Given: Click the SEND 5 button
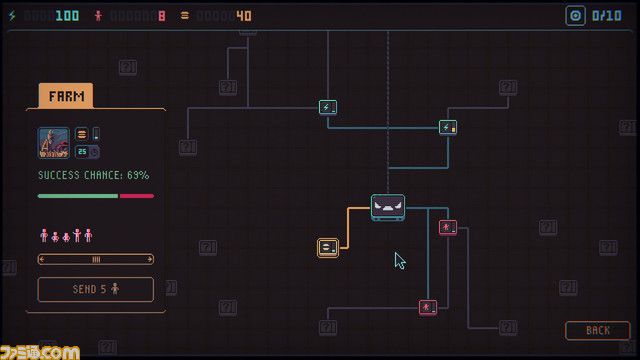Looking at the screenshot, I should coord(96,289).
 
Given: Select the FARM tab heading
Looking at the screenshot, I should coord(65,96).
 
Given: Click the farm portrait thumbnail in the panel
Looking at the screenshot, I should coord(54,143).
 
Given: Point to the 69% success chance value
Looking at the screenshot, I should coord(138,175).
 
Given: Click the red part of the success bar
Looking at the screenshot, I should coord(136,196).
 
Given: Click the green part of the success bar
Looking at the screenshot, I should coord(78,196).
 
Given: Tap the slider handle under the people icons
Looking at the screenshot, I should coord(96,259).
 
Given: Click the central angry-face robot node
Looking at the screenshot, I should coord(388,207).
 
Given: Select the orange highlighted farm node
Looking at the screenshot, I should coord(328,247).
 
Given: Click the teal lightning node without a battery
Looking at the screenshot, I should coord(328,107).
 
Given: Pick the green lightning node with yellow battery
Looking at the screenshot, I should coord(448,127).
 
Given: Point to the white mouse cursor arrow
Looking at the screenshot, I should coord(399,260).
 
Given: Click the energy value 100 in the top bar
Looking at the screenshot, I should coord(67,16).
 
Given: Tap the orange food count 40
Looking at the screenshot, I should coord(243,16).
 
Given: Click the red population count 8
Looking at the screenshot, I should coord(161,16).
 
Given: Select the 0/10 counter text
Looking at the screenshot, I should coord(607,16).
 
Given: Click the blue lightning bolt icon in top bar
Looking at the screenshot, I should coord(13,16).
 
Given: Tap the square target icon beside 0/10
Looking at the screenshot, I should coord(575,16).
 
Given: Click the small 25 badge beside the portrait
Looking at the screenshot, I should coord(82,152).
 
